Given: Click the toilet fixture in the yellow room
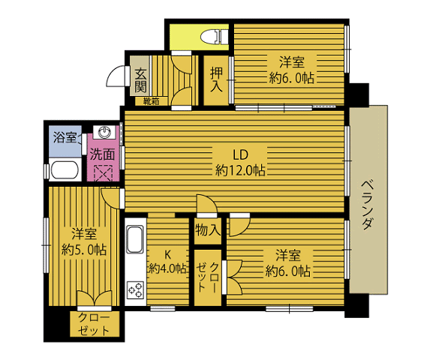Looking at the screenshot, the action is (215, 37).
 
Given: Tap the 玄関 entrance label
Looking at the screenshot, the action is (140, 80).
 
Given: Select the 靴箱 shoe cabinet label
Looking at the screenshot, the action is (151, 101).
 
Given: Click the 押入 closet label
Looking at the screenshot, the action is (216, 79).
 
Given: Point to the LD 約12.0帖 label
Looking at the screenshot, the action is (240, 163).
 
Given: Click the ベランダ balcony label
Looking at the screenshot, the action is (368, 205).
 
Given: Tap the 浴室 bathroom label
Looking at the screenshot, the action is (65, 137).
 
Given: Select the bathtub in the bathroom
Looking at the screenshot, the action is (65, 169).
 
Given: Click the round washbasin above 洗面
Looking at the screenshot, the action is (104, 132).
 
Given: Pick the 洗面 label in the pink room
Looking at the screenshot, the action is (103, 154).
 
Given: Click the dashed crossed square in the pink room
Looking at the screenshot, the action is (104, 173).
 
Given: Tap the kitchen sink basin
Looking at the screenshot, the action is (135, 239).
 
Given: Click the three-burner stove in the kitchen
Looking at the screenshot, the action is (135, 290).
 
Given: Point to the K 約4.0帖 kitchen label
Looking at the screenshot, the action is (167, 262).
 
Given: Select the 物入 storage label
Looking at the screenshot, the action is (208, 229).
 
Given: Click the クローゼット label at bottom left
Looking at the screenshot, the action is (93, 324).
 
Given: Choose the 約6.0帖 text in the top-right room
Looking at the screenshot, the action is (292, 79).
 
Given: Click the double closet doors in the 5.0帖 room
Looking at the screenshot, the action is (95, 298).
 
